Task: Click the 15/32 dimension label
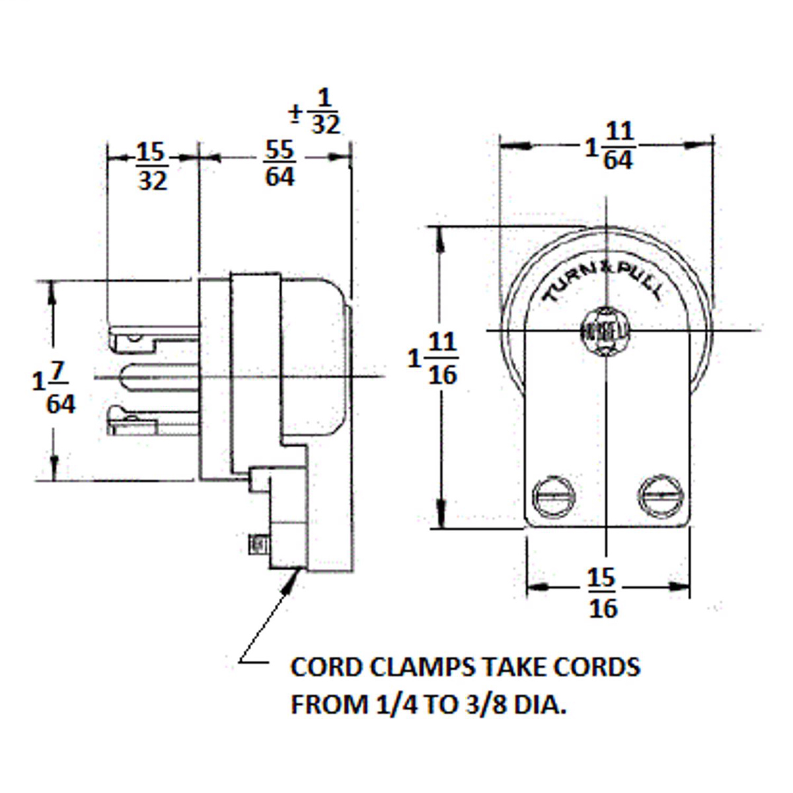152,167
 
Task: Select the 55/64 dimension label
280,163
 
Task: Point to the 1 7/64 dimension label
54,389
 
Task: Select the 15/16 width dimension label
602,593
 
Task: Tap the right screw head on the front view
659,494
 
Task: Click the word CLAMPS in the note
412,667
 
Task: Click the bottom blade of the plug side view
152,420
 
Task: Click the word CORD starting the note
324,667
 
